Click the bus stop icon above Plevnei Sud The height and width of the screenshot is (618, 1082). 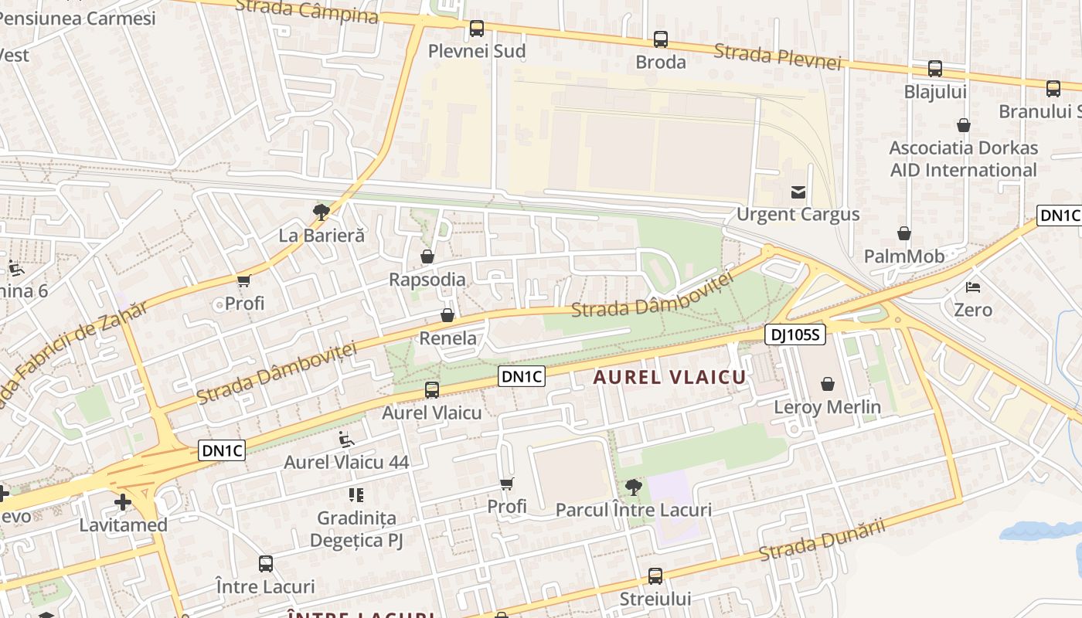477,29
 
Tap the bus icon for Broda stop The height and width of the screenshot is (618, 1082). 661,39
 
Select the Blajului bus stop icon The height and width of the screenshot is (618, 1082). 935,68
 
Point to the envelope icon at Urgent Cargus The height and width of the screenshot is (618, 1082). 798,192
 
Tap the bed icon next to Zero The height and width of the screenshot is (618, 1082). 973,287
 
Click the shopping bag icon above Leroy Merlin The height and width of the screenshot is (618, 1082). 828,383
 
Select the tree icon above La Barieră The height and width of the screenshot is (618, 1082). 322,212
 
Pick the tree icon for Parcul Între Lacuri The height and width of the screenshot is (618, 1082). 634,487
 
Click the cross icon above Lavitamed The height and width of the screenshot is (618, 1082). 123,502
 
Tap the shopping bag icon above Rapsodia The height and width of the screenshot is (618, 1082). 427,256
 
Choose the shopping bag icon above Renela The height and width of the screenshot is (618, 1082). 447,315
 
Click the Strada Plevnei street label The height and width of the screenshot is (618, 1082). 777,56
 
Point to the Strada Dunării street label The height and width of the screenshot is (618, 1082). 821,541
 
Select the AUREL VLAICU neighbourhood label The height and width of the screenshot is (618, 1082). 669,377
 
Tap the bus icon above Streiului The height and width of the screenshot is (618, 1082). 655,576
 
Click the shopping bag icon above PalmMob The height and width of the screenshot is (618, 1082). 904,233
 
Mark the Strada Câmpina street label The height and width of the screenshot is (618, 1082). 307,11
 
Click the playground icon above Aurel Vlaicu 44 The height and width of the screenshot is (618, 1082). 347,440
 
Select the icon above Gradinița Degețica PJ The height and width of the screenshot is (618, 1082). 356,494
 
